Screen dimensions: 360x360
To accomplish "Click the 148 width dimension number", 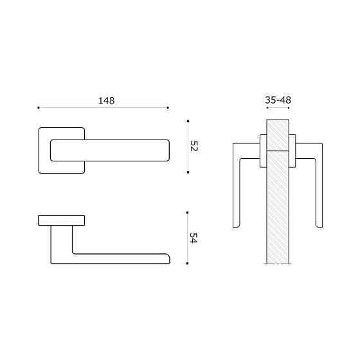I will (106, 100).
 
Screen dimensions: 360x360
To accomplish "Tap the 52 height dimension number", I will (194, 147).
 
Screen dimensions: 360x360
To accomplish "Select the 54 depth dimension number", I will (194, 238).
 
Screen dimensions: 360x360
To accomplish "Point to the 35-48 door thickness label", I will (277, 100).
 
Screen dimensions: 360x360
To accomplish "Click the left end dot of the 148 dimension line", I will (39, 107).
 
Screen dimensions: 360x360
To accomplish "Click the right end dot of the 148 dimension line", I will (168, 107).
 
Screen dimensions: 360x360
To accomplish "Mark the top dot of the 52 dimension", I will (187, 120).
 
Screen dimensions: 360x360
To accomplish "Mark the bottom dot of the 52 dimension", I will (187, 172).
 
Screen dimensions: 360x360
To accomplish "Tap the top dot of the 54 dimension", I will (187, 212).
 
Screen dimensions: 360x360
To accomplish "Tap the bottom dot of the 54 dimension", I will (187, 264).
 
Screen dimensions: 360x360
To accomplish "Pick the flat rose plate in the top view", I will (62, 221).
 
